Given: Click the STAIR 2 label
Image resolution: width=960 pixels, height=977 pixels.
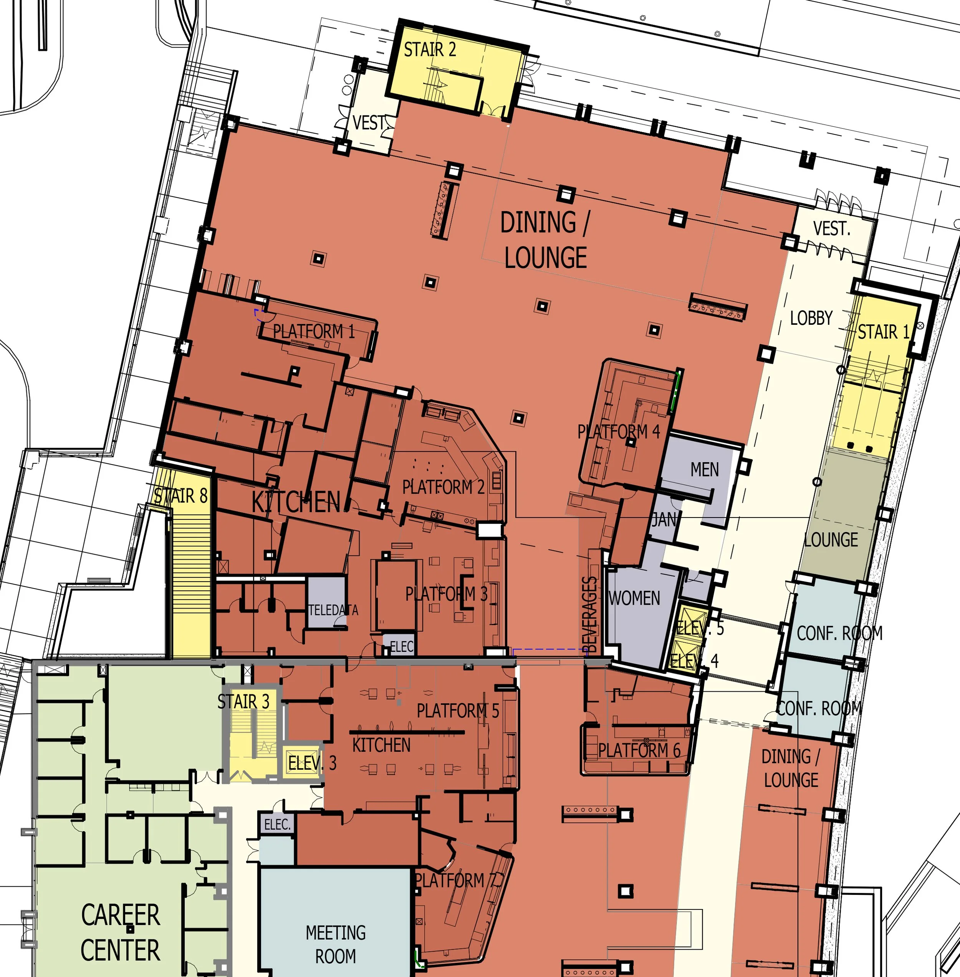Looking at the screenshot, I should pos(430,50).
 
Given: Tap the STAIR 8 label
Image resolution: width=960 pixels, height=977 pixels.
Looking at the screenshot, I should pos(180,496).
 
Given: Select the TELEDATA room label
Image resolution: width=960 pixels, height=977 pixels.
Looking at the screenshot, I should pos(333,610).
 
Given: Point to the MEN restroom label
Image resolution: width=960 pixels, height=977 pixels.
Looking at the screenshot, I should pos(704,470).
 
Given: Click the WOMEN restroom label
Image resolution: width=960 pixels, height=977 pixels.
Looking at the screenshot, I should pos(634,598).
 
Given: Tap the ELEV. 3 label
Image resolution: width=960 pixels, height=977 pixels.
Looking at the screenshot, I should pos(311,763).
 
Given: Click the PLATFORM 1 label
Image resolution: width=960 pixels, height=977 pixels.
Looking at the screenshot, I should pos(314,332).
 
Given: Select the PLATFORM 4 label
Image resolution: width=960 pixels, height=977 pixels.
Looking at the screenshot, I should pos(618,432).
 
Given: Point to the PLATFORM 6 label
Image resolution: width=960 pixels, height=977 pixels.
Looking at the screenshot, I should pos(639,751).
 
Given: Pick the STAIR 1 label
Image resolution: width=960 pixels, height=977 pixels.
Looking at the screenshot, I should pos(883,332).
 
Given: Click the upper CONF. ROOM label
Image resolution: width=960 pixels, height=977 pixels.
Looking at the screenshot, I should pos(839,633).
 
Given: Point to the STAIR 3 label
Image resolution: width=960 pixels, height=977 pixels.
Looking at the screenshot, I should pos(243,702).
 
